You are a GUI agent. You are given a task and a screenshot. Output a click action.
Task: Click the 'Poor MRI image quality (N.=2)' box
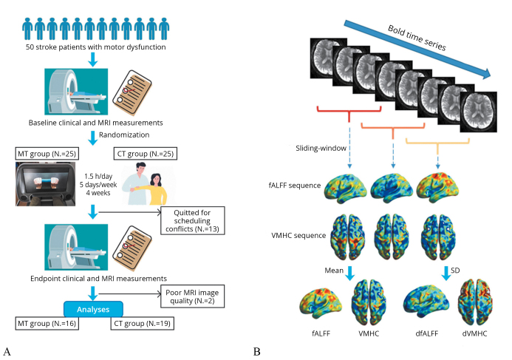point(194,297)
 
